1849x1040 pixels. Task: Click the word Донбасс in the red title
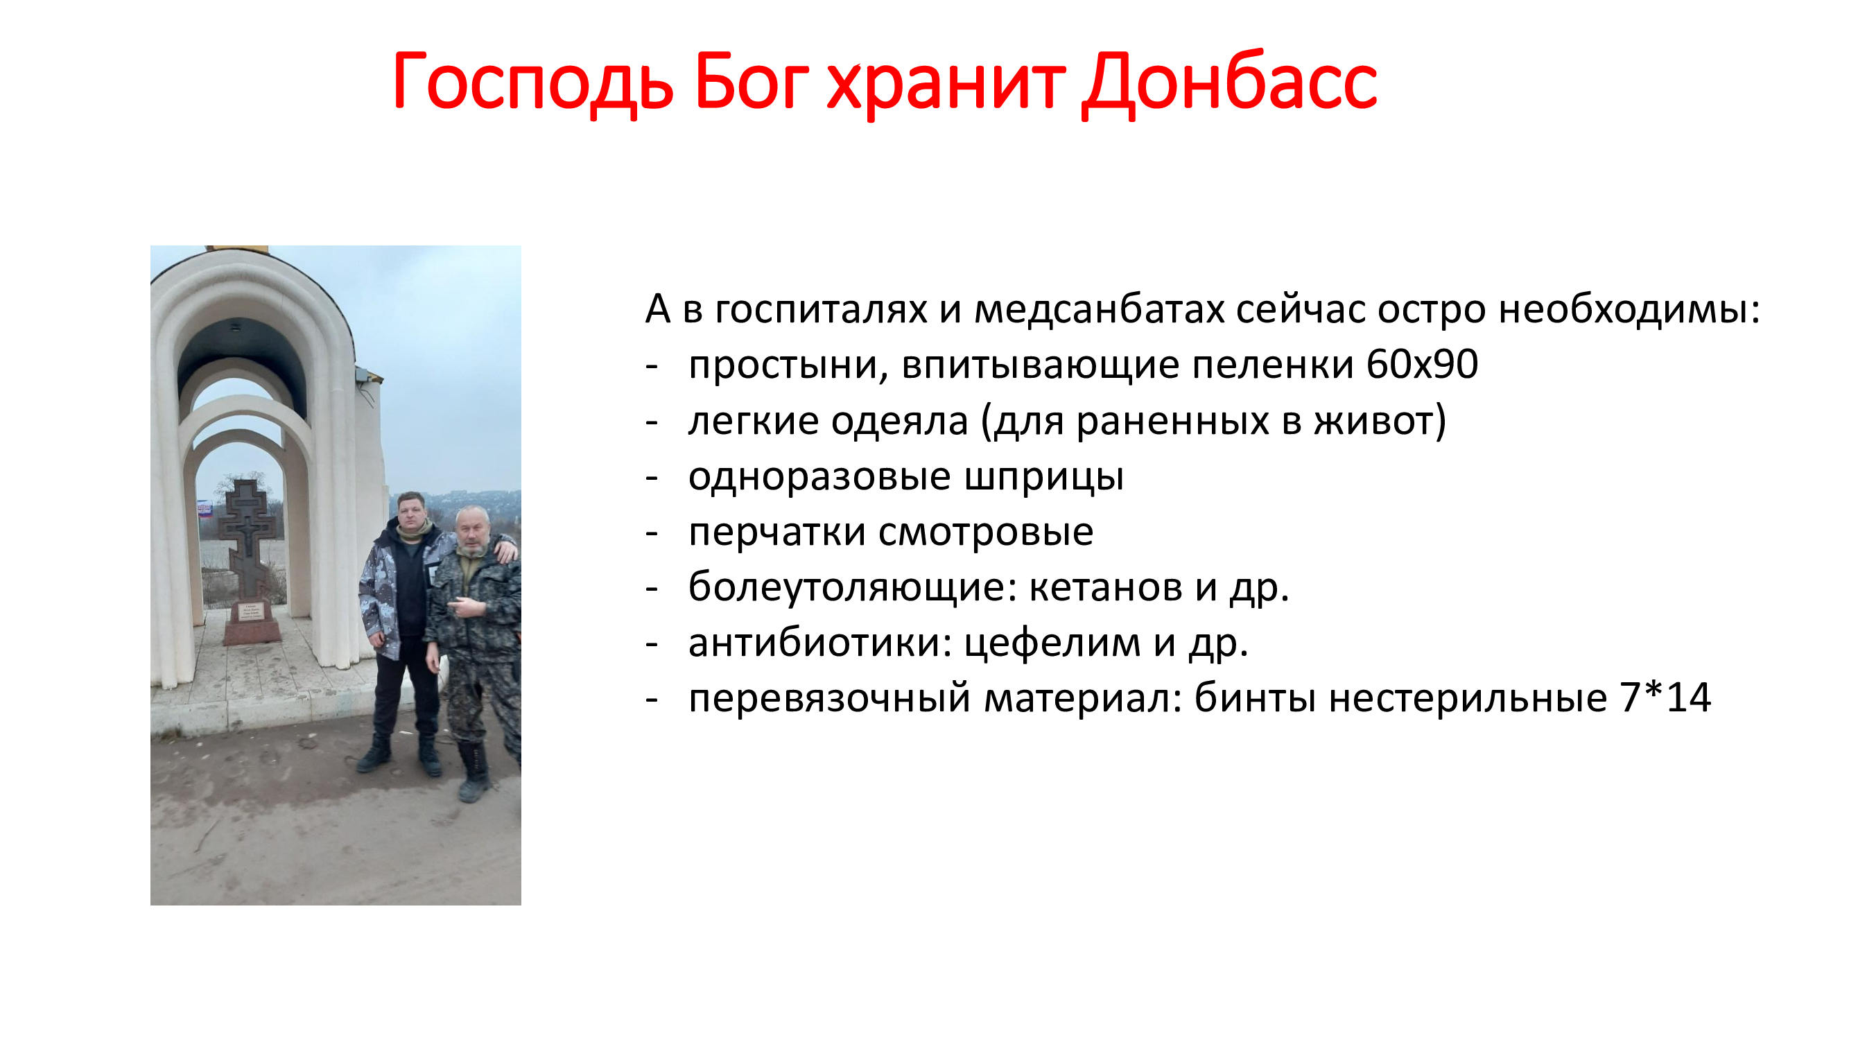tap(1230, 83)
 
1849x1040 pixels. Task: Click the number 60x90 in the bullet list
tap(1422, 364)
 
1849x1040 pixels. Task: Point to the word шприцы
tap(1043, 477)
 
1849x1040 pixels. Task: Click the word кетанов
tap(1106, 588)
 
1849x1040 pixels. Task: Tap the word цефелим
tap(1052, 644)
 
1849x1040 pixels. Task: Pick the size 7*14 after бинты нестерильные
tap(1665, 697)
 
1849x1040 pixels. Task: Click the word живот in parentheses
tap(1373, 421)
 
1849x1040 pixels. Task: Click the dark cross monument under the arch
tap(246, 538)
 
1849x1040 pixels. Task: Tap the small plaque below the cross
tap(250, 612)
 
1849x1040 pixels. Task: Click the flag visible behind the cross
tap(205, 510)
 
